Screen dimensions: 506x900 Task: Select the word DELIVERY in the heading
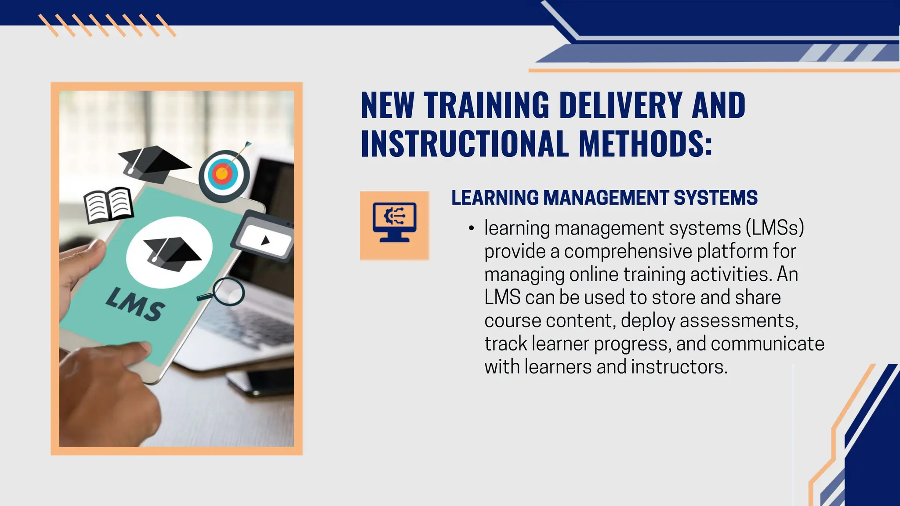point(621,105)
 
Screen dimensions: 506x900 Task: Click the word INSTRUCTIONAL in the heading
point(464,144)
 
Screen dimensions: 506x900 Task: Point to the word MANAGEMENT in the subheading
point(606,198)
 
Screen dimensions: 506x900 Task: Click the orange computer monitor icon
point(394,225)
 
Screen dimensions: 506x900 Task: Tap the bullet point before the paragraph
point(471,228)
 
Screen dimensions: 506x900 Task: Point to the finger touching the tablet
point(132,351)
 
